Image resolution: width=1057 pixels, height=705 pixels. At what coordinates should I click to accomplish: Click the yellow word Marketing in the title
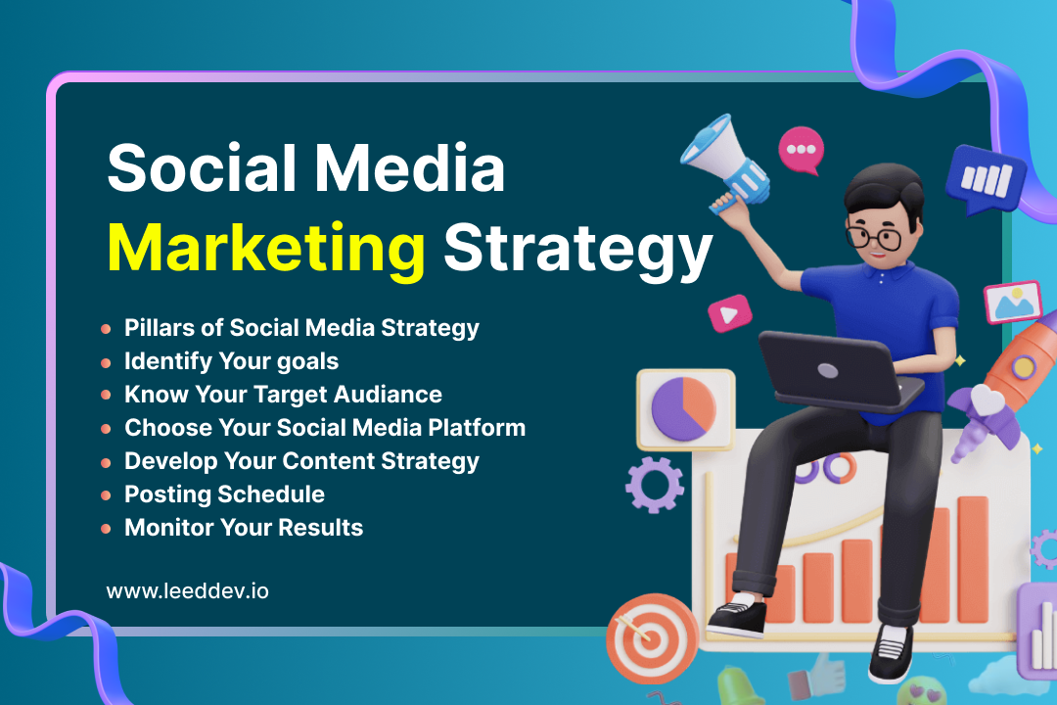pos(265,250)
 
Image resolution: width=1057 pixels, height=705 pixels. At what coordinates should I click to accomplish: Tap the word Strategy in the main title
pos(577,251)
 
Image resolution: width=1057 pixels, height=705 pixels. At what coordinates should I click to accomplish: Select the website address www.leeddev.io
pos(187,591)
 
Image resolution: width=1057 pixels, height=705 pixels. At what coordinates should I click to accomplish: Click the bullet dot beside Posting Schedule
pos(106,495)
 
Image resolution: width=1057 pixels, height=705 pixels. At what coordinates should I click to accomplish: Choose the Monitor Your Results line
pos(244,528)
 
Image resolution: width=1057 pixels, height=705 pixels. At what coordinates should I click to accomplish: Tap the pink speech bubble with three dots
pos(801,150)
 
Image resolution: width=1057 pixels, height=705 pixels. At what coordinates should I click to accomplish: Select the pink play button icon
pos(729,313)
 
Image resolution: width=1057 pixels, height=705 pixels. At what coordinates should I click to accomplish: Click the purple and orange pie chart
pos(683,409)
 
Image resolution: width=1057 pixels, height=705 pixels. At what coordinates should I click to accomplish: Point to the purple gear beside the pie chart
pos(654,485)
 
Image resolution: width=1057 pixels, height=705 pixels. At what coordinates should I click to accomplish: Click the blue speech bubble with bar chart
pos(985,179)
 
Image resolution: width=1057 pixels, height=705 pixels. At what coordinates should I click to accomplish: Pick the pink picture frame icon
pos(1013,302)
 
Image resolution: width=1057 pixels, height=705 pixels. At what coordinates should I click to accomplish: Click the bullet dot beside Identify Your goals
pos(106,363)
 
